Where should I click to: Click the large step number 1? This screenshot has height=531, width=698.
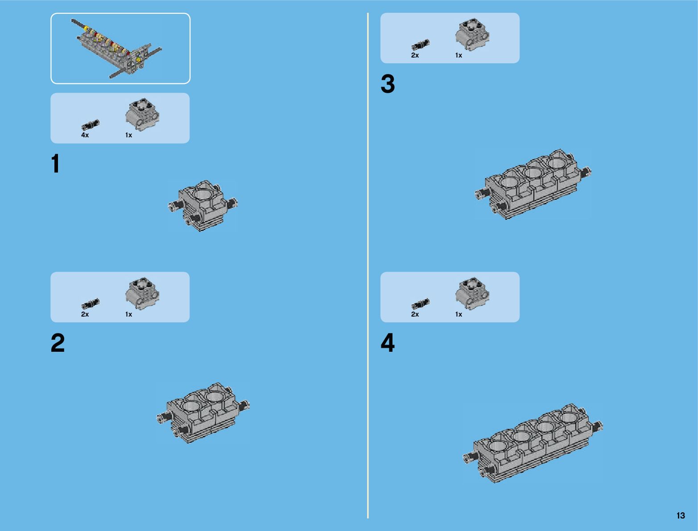(56, 163)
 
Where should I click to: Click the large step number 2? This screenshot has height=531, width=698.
(58, 342)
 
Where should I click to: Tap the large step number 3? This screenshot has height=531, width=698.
(388, 83)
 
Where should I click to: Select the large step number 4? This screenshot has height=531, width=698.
(388, 342)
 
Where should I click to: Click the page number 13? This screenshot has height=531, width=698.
(681, 515)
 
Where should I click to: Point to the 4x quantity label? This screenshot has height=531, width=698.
(85, 135)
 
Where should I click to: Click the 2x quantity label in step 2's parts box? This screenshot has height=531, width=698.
(85, 314)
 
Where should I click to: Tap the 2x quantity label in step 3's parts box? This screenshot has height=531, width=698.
(415, 55)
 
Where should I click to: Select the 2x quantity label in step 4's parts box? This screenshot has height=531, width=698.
(415, 314)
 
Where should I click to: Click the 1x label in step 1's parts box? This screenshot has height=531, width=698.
(128, 135)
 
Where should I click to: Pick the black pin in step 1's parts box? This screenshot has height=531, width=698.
(90, 125)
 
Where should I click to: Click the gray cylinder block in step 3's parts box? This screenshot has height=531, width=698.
(472, 34)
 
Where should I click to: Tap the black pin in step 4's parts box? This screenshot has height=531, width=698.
(421, 304)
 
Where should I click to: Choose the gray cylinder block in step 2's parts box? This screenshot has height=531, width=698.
(142, 293)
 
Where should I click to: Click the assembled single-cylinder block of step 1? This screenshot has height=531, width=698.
(202, 206)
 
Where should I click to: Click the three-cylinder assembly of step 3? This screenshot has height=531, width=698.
(533, 184)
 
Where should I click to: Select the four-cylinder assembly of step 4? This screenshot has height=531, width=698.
(533, 443)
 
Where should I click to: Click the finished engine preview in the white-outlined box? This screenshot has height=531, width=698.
(116, 48)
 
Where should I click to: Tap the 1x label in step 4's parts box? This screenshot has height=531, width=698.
(458, 314)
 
